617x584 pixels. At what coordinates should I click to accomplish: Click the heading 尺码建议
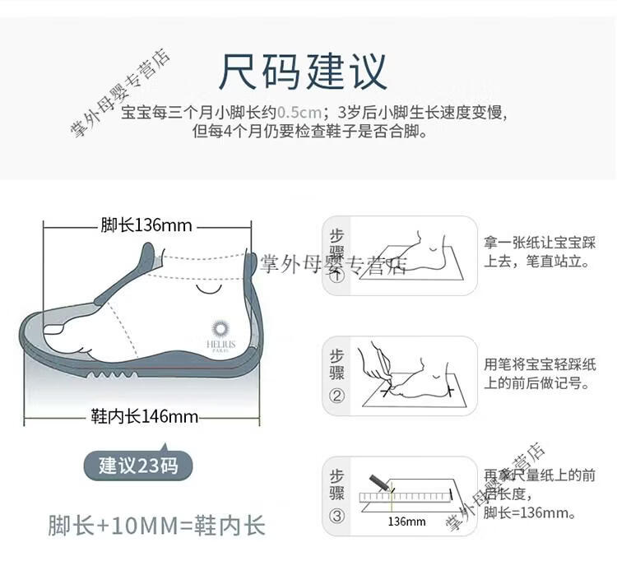(303, 72)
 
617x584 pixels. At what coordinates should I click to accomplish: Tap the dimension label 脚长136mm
(146, 225)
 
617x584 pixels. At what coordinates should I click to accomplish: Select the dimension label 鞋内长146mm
(145, 416)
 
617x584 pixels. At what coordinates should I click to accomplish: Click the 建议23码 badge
(138, 466)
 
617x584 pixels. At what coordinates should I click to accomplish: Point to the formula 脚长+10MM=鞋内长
(156, 526)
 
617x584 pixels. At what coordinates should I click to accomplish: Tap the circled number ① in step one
(336, 275)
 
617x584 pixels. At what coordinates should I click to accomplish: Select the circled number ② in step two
(336, 396)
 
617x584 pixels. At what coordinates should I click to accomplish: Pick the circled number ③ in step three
(336, 516)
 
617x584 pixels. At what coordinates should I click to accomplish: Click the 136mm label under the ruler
(406, 521)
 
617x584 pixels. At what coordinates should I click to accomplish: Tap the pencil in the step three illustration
(379, 484)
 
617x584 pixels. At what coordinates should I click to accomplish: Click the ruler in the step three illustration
(406, 497)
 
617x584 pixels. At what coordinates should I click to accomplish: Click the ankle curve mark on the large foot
(209, 290)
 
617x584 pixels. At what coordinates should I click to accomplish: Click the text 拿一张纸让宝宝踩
(540, 243)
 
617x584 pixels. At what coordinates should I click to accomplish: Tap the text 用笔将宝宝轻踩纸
(540, 364)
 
